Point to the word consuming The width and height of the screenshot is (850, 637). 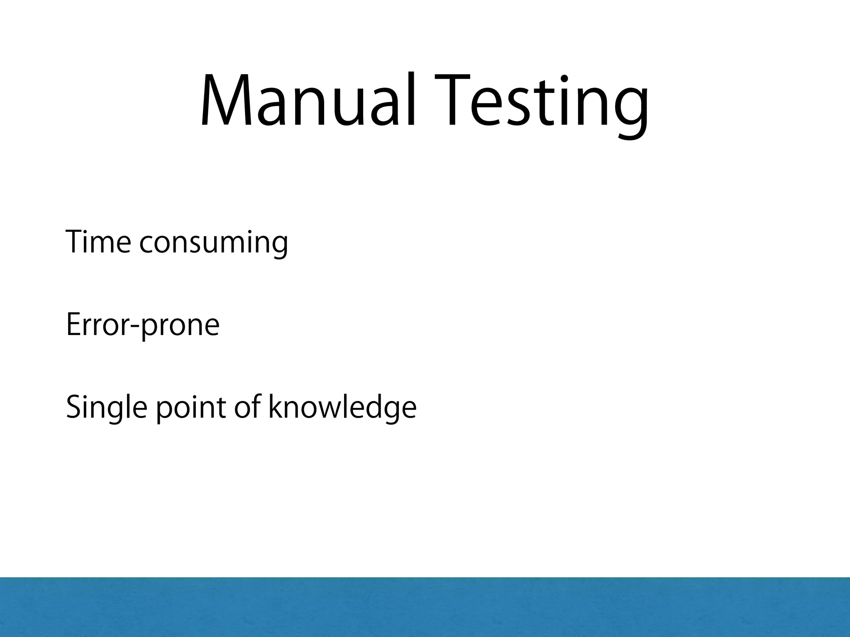click(213, 245)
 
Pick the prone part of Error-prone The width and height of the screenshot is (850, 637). click(180, 328)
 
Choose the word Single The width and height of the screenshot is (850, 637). click(106, 409)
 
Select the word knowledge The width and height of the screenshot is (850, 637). click(342, 409)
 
